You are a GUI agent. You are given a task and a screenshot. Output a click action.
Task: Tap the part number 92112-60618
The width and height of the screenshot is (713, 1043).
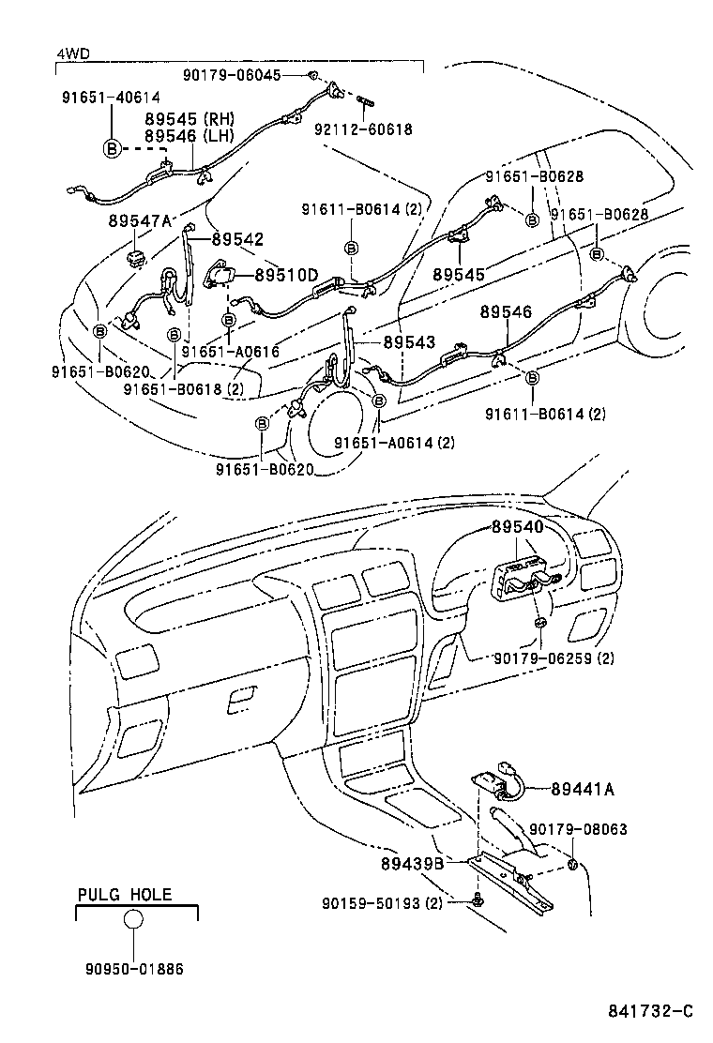364,129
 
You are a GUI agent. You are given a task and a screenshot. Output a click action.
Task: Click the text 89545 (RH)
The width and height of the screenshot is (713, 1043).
189,119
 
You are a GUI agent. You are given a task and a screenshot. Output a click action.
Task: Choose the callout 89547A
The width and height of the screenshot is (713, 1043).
140,220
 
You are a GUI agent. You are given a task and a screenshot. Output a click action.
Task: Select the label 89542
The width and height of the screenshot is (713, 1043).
237,239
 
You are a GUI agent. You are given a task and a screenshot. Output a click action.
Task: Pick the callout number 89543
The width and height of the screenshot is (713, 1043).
408,342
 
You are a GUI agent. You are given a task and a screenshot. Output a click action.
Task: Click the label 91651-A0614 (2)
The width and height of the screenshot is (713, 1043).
394,442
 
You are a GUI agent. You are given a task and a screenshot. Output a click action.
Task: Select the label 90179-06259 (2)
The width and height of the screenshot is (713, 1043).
554,658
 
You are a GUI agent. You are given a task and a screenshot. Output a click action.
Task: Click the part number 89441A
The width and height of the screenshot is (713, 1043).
583,790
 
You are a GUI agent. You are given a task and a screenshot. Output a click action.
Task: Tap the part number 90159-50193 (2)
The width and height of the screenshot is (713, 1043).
381,903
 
